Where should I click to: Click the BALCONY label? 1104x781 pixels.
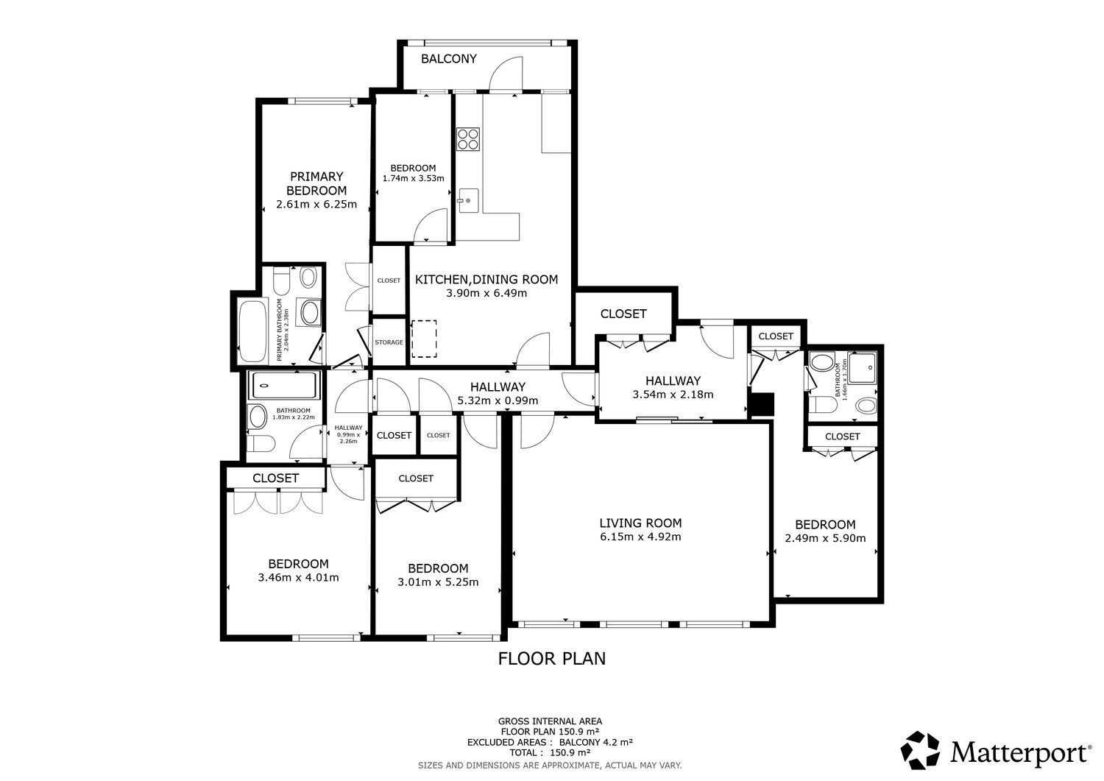448,59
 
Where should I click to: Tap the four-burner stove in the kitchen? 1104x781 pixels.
467,138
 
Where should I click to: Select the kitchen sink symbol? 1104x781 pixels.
468,200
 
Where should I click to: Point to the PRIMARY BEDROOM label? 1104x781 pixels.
316,183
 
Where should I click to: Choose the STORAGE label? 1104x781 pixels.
389,342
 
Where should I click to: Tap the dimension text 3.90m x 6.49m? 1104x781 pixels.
486,294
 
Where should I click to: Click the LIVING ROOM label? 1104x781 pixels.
641,523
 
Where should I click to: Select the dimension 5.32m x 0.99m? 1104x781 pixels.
498,400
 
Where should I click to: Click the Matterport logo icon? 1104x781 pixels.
920,750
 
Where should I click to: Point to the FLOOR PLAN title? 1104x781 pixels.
551,659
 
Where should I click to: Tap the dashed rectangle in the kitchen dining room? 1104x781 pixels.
424,339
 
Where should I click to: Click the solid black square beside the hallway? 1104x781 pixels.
762,404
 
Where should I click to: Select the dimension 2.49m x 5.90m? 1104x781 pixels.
825,538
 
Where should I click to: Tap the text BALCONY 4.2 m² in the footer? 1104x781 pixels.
596,742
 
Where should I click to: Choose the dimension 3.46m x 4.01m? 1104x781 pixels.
298,577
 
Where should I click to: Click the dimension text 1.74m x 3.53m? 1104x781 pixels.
413,178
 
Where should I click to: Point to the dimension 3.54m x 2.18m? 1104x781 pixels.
673,395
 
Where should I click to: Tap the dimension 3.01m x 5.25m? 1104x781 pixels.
438,582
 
